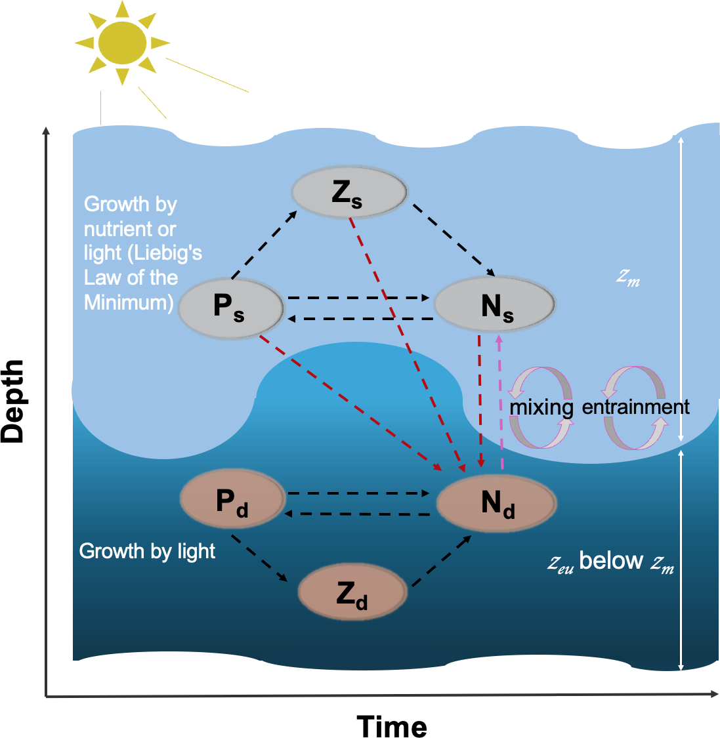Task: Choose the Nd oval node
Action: click(x=497, y=503)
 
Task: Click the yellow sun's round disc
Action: click(x=122, y=43)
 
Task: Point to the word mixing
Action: click(x=541, y=407)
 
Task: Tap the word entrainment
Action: click(x=635, y=407)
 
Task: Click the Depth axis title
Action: click(x=13, y=401)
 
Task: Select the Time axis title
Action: click(x=392, y=726)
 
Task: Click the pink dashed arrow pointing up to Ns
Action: click(x=501, y=401)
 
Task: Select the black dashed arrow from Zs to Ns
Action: click(x=453, y=240)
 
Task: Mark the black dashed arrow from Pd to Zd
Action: click(x=259, y=558)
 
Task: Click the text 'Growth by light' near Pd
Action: click(x=147, y=551)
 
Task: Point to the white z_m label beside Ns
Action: click(x=627, y=277)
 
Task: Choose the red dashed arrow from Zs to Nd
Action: click(x=406, y=341)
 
